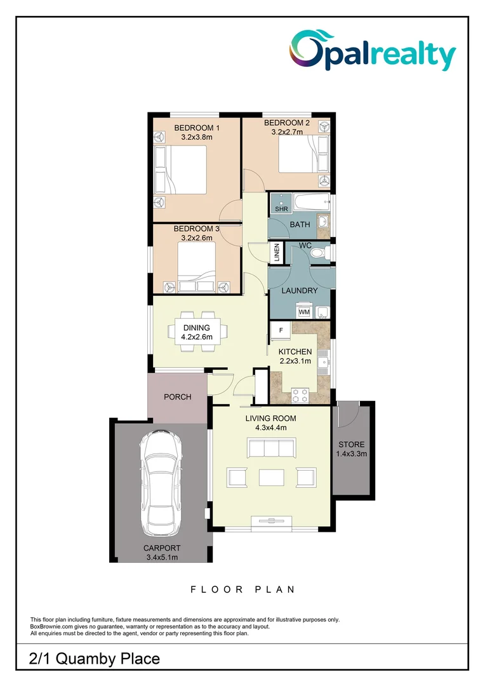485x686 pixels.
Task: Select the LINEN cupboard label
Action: (x=276, y=253)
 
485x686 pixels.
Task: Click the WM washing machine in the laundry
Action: (x=304, y=311)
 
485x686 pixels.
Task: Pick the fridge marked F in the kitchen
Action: (x=280, y=331)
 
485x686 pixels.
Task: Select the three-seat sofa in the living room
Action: (x=271, y=448)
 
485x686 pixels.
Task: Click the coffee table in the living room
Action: (x=271, y=476)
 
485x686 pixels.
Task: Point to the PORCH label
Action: (x=178, y=397)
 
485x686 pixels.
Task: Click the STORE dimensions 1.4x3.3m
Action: (x=352, y=454)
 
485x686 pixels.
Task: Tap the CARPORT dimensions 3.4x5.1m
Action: (x=162, y=557)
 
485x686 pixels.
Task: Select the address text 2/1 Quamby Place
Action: (x=95, y=659)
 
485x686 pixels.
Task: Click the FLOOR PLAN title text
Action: (x=242, y=589)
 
